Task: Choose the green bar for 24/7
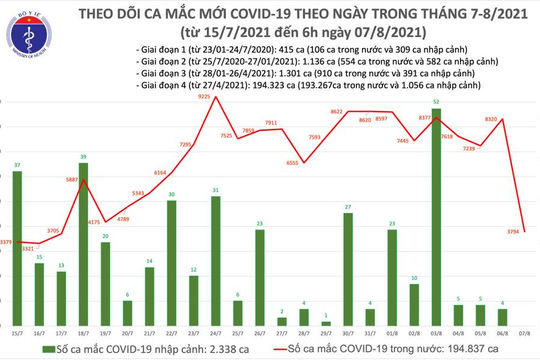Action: (216, 259)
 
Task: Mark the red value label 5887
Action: (72, 179)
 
